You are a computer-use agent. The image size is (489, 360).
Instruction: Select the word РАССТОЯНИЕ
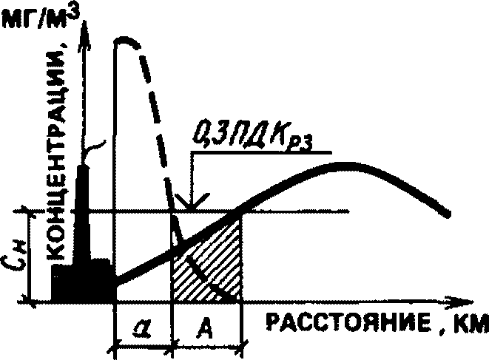click(345, 325)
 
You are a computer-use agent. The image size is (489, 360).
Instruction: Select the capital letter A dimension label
click(206, 326)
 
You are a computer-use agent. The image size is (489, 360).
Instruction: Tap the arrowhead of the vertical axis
click(88, 30)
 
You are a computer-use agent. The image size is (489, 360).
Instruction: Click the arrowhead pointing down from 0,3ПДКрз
click(191, 203)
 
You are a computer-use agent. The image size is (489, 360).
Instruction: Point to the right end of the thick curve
click(448, 214)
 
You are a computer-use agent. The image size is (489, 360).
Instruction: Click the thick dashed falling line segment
click(157, 126)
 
